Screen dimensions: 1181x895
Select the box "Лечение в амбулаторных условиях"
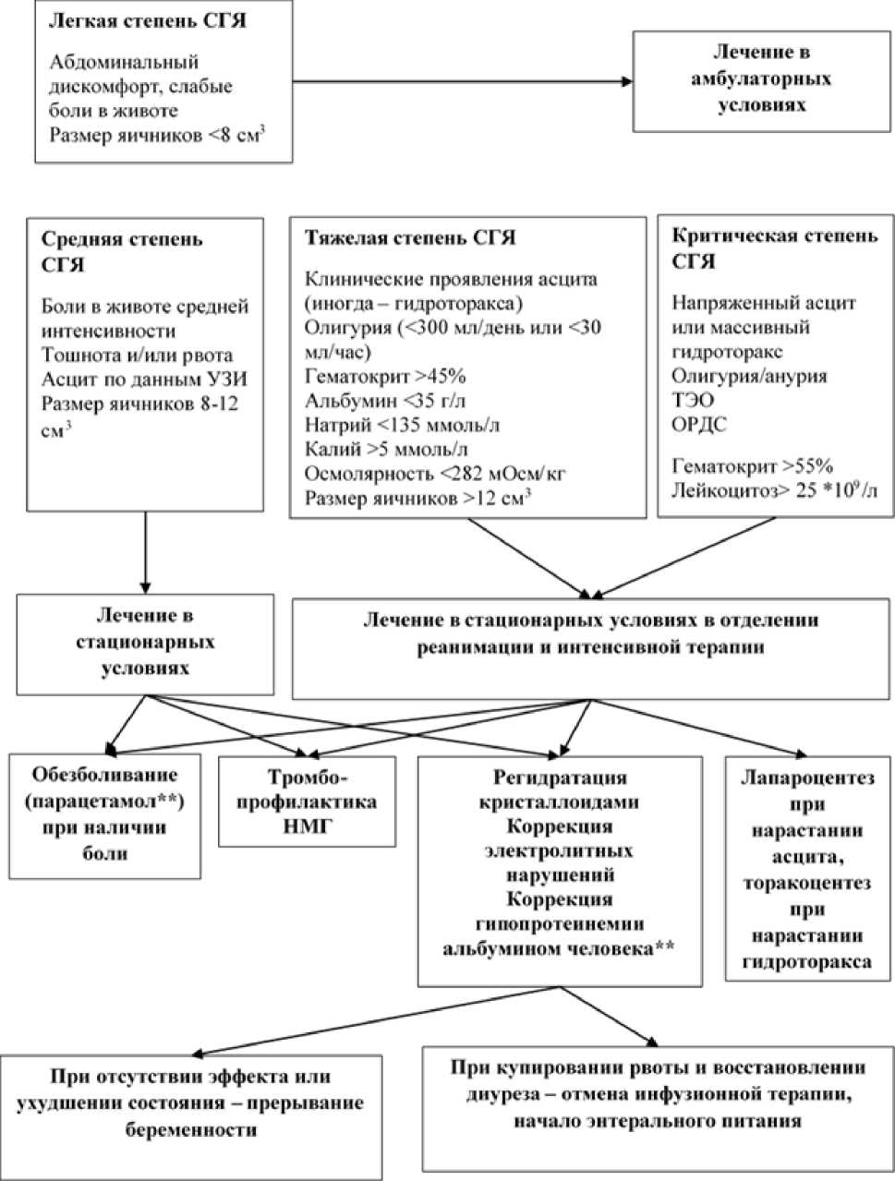pyautogui.click(x=761, y=79)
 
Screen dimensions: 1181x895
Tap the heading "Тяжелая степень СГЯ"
pyautogui.click(x=410, y=238)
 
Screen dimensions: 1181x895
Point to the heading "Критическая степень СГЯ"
pyautogui.click(x=774, y=247)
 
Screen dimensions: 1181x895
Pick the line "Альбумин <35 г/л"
pyautogui.click(x=379, y=400)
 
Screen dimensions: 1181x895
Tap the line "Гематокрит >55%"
pyautogui.click(x=753, y=465)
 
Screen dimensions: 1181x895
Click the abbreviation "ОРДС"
pyautogui.click(x=699, y=425)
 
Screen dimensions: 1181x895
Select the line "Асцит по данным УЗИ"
pyautogui.click(x=144, y=379)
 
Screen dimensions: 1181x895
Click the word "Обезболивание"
pyautogui.click(x=104, y=775)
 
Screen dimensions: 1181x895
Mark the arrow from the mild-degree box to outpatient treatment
pyautogui.click(x=462, y=82)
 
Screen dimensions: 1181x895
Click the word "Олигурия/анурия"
pyautogui.click(x=749, y=376)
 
